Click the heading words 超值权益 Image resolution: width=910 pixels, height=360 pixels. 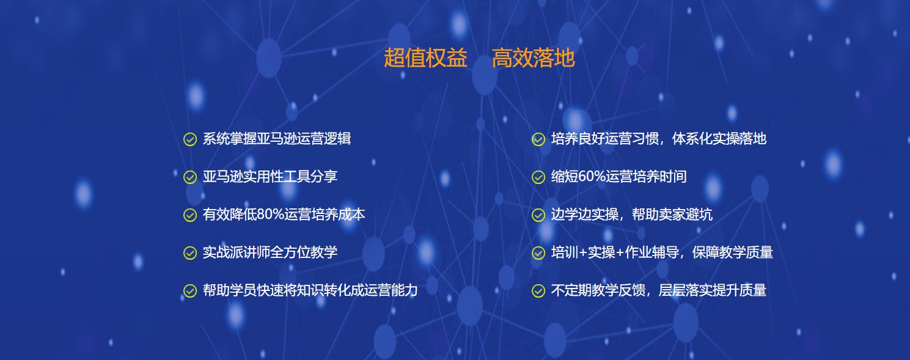pos(425,57)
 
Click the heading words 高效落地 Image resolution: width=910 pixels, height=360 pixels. pos(533,57)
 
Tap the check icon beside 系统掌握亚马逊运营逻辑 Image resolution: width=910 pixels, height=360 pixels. pos(190,139)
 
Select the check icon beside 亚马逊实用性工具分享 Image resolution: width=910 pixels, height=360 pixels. pos(190,177)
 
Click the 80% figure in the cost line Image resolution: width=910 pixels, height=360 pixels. pos(270,215)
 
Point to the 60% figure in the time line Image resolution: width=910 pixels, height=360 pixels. pos(592,177)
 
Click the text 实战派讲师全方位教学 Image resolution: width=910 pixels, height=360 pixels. pos(270,252)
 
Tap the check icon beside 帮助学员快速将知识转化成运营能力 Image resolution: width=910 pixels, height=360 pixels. pos(190,291)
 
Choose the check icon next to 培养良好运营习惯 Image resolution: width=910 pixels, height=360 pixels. pos(538,139)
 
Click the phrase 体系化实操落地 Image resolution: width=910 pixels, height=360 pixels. pos(719,139)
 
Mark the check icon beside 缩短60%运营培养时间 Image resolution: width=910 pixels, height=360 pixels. pos(538,177)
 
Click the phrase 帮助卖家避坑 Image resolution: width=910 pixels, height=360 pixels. pos(672,215)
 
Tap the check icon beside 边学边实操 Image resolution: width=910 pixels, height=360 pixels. pos(538,215)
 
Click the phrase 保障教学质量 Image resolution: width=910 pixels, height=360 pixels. pos(733,252)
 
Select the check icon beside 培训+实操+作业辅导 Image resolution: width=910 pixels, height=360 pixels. pos(538,253)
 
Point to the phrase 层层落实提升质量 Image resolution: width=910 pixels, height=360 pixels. pos(713,290)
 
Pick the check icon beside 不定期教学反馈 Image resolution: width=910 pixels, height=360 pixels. pos(538,291)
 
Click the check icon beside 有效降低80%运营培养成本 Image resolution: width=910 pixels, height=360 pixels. pos(190,215)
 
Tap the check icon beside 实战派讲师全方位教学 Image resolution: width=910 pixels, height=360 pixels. pos(190,253)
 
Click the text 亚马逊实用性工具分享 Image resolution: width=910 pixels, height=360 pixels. pos(270,177)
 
